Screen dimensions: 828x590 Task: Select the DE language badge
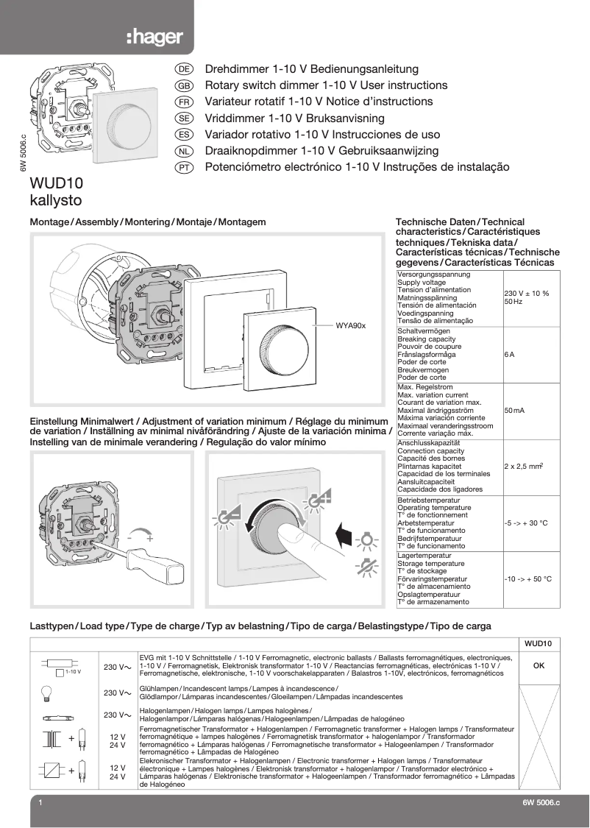[185, 69]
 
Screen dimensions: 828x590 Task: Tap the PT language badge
[185, 168]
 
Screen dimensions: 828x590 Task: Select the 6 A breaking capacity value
[510, 355]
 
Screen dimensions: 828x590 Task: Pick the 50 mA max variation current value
[514, 410]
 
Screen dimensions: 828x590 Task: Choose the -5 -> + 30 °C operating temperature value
[526, 523]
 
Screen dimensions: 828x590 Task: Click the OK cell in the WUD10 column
[539, 665]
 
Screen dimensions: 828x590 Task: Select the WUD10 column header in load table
[539, 643]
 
